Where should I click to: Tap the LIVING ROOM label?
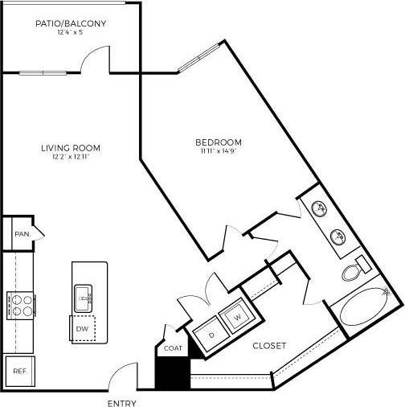pyautogui.click(x=70, y=147)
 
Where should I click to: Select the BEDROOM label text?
pyautogui.click(x=219, y=142)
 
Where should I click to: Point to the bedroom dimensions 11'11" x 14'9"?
pyautogui.click(x=219, y=152)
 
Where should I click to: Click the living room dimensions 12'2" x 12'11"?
pyautogui.click(x=70, y=157)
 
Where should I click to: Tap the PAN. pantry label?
pyautogui.click(x=21, y=234)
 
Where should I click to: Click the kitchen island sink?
pyautogui.click(x=84, y=297)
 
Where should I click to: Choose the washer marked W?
pyautogui.click(x=237, y=317)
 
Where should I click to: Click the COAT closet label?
pyautogui.click(x=174, y=348)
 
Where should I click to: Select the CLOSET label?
pyautogui.click(x=269, y=347)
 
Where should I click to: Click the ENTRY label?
pyautogui.click(x=121, y=403)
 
